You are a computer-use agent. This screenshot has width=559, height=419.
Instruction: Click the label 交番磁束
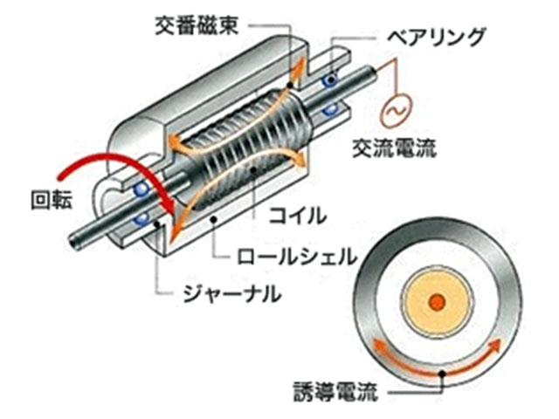pyautogui.click(x=197, y=25)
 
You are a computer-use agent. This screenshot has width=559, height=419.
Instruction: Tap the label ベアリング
pyautogui.click(x=436, y=37)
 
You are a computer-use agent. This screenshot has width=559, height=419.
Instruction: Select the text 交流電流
pyautogui.click(x=395, y=148)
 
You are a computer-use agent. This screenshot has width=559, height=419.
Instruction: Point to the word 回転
pyautogui.click(x=52, y=200)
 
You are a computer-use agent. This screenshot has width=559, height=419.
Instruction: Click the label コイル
pyautogui.click(x=298, y=215)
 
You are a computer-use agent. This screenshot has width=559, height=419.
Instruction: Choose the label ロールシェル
pyautogui.click(x=297, y=256)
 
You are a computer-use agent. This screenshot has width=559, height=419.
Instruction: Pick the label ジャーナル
pyautogui.click(x=232, y=294)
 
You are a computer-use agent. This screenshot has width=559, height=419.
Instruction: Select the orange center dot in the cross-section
pyautogui.click(x=438, y=303)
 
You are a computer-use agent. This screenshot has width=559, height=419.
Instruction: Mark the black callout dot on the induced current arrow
pyautogui.click(x=443, y=374)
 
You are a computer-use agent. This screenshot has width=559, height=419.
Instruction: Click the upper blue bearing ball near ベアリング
pyautogui.click(x=330, y=81)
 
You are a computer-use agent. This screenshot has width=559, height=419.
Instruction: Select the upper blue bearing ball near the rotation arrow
pyautogui.click(x=141, y=189)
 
